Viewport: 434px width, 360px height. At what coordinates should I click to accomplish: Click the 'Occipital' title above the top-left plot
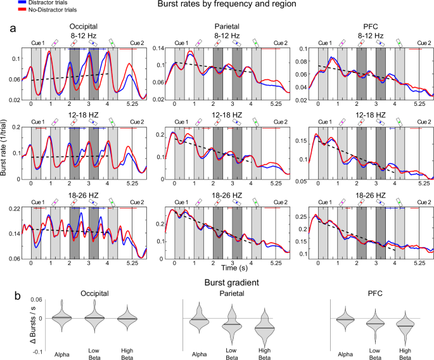[x=84, y=26]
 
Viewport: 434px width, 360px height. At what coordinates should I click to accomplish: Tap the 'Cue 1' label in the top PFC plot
[x=325, y=42]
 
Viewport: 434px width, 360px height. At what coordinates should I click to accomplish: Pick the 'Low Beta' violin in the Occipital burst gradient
[x=93, y=314]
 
